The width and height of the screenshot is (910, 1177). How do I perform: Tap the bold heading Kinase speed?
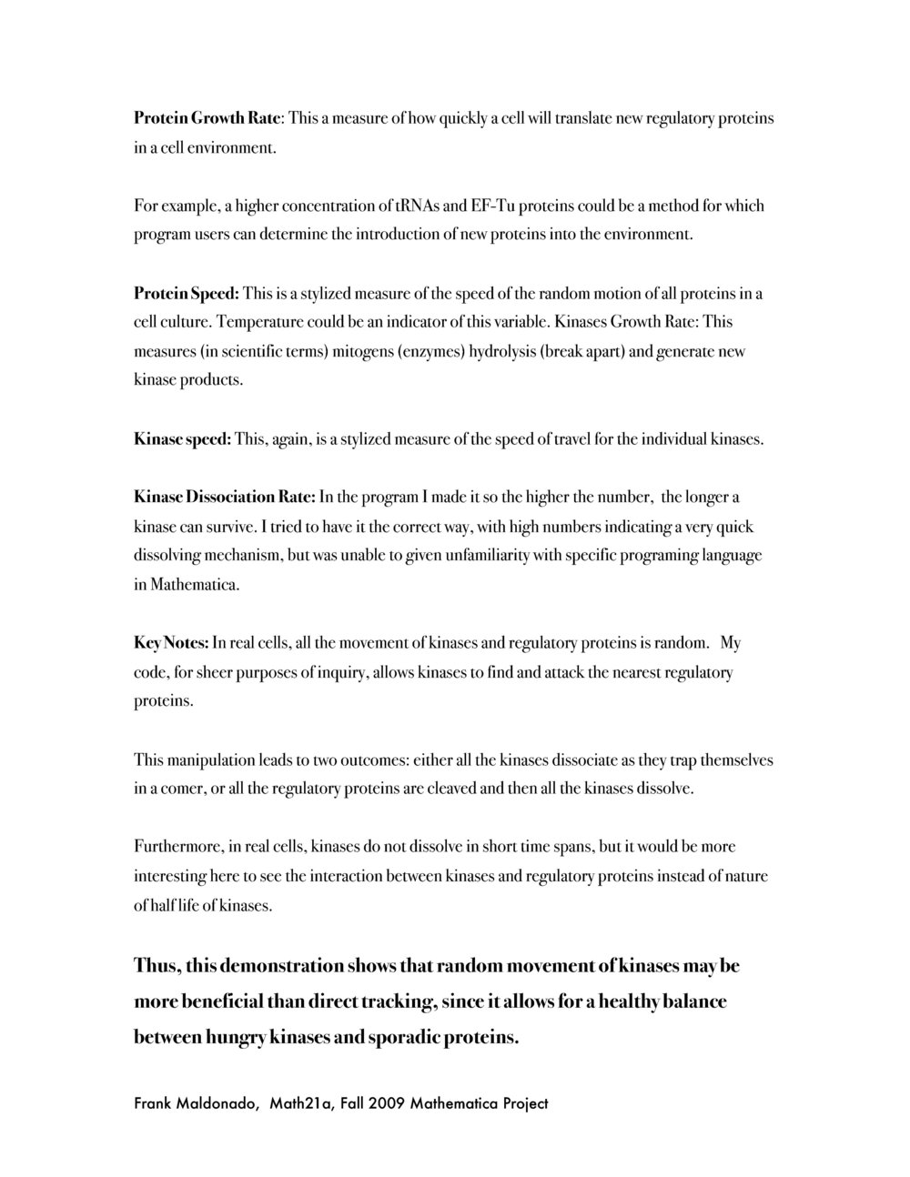(x=183, y=439)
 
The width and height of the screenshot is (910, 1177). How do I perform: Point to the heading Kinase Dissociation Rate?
(x=225, y=498)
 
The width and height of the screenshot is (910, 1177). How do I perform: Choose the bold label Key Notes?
(x=171, y=643)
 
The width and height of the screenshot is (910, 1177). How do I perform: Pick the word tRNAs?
(x=415, y=206)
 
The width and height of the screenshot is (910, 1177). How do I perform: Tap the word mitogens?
(x=362, y=351)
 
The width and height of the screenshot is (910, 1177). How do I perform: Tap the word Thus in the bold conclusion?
(x=155, y=965)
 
